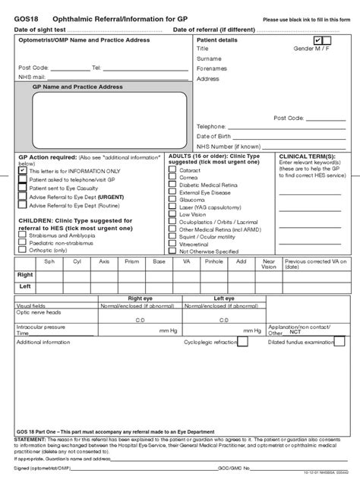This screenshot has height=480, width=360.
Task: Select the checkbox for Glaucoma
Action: (172, 200)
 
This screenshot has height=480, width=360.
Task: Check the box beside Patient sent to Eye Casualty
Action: (22, 188)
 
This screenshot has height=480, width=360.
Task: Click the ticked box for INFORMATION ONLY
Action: (22, 172)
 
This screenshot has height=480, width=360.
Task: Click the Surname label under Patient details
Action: (209, 57)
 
